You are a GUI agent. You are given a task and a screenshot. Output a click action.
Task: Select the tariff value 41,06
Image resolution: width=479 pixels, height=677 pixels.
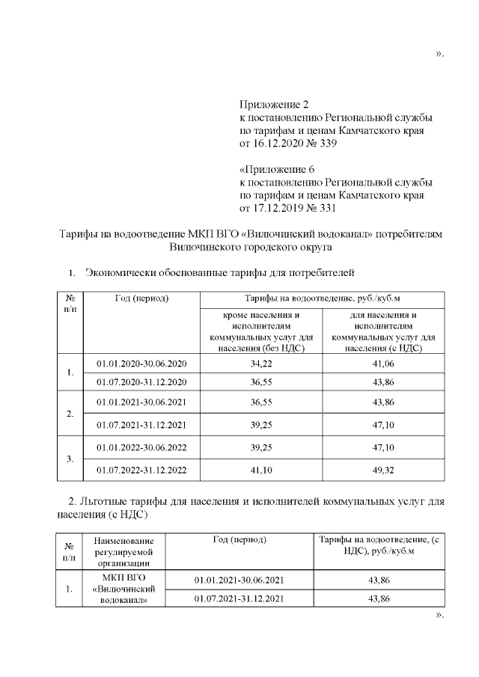382,364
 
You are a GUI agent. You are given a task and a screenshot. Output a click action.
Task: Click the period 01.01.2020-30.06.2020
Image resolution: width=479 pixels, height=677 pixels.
141,364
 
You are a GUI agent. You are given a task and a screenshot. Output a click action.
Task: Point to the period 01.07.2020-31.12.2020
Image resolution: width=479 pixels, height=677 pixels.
141,381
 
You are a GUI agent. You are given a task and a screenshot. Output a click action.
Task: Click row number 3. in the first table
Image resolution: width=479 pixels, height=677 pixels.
69,460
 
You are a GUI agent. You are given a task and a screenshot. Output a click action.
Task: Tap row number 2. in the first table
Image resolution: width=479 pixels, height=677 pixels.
69,414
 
